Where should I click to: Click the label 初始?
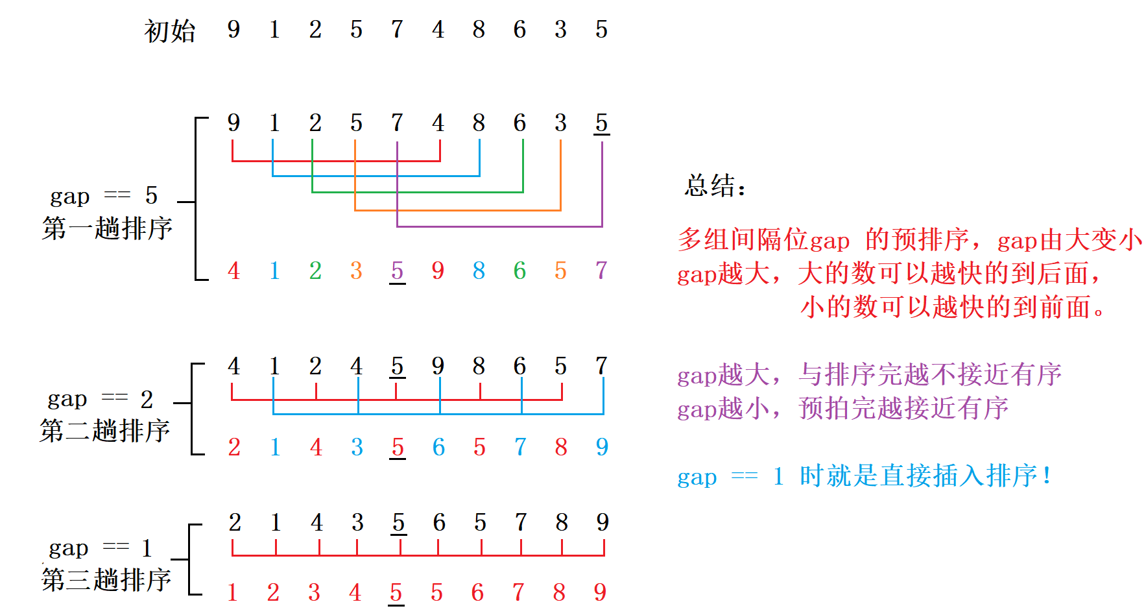(x=169, y=30)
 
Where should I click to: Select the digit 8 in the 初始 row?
(x=479, y=29)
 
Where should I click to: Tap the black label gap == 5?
(x=104, y=195)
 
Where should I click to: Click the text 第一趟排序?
(x=107, y=228)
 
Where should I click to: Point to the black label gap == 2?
(x=101, y=398)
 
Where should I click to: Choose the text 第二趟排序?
(x=104, y=430)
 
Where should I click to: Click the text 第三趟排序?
(x=106, y=579)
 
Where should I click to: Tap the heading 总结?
(x=715, y=186)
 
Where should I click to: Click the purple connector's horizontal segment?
(x=499, y=226)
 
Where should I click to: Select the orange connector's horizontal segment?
(x=457, y=210)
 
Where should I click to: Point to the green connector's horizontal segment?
(x=417, y=192)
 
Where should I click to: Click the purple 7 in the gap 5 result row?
(x=601, y=270)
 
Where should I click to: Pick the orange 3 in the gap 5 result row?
(x=356, y=270)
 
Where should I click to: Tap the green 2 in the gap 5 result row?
(x=315, y=270)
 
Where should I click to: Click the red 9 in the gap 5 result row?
(x=438, y=270)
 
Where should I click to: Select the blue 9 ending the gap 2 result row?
(x=602, y=446)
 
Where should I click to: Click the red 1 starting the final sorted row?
(x=233, y=592)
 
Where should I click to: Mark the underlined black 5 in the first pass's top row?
(x=601, y=123)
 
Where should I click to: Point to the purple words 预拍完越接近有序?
(x=903, y=408)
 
